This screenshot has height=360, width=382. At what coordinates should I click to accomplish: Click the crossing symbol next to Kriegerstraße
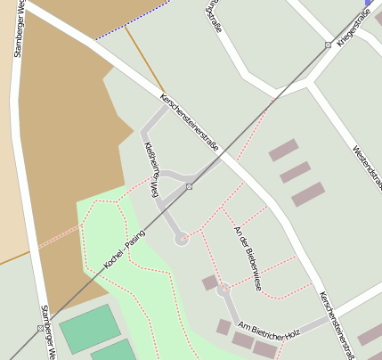[328, 45]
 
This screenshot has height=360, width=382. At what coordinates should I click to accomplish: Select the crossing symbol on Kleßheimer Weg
[189, 186]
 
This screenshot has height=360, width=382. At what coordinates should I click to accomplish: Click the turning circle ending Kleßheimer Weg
[182, 238]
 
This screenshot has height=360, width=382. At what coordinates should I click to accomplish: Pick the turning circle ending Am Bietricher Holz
[223, 289]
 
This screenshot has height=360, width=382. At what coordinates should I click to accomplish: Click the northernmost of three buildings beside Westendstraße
[283, 150]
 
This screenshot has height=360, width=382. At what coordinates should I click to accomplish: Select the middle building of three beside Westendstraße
[295, 172]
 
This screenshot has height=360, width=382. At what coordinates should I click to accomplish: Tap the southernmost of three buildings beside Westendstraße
[308, 194]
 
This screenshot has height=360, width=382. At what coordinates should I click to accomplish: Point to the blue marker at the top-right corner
[369, 3]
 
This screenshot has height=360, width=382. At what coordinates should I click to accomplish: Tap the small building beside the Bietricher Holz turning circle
[210, 282]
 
